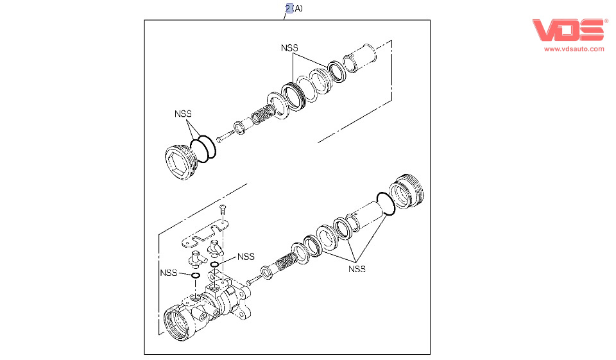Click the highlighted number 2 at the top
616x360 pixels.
pos(289,8)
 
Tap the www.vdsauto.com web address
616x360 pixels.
pos(574,49)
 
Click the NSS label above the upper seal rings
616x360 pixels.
pos(289,48)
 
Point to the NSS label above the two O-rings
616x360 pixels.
pos(183,114)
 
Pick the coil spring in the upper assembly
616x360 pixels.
pos(261,116)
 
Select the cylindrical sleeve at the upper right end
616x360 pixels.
pos(361,56)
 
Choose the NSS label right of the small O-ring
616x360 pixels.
pos(246,256)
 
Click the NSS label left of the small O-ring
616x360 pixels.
pos(168,273)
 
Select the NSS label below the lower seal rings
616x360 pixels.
pos(357,269)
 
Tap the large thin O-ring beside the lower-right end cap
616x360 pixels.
pos(385,204)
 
